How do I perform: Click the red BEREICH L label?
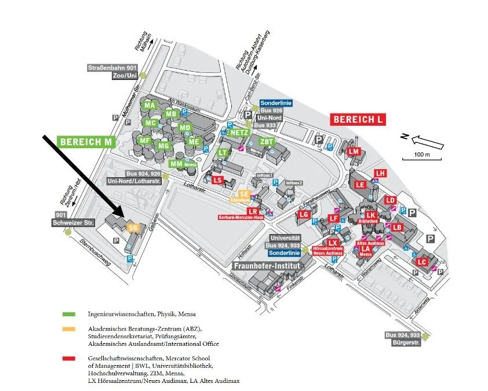[x=358, y=120]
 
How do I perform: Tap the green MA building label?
[x=150, y=105]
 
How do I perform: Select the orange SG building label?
[x=132, y=228]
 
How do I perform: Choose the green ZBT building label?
[x=267, y=142]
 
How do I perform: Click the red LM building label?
[x=354, y=151]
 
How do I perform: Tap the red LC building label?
[x=421, y=262]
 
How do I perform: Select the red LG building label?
[x=304, y=215]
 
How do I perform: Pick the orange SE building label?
[x=245, y=195]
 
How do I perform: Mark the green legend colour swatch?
[x=69, y=313]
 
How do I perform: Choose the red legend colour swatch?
[x=69, y=360]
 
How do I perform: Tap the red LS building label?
[x=217, y=180]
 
